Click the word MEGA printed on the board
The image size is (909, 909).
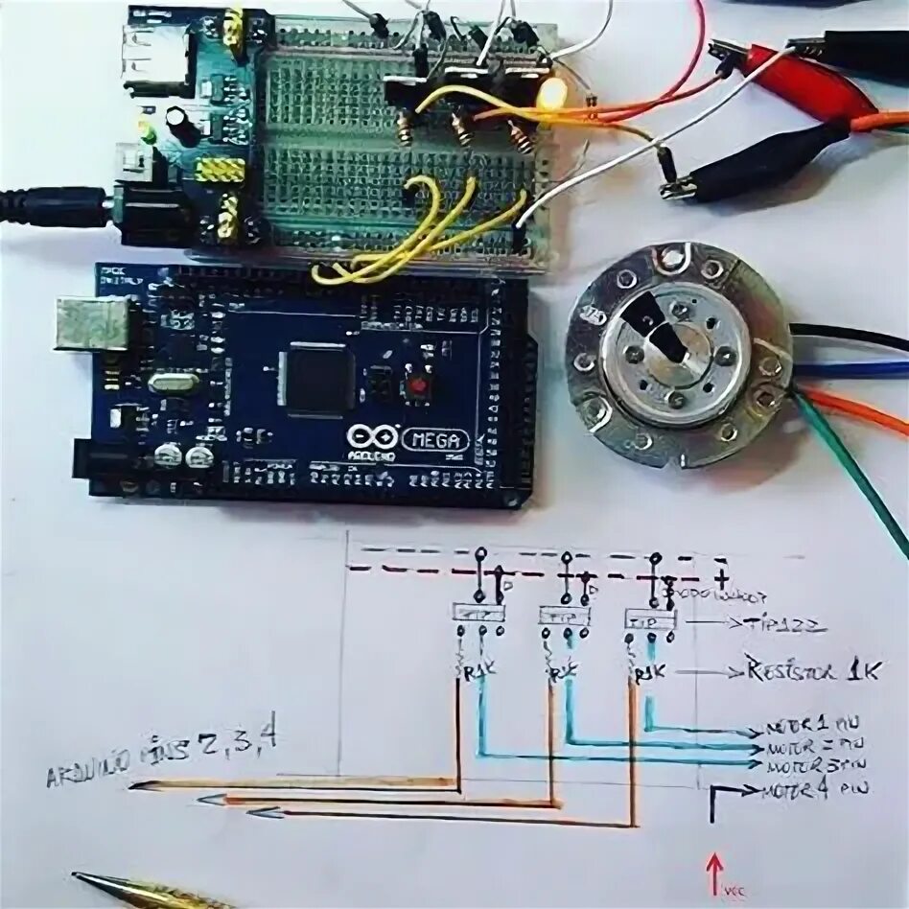pyautogui.click(x=440, y=441)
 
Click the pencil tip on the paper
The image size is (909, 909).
pyautogui.click(x=82, y=877)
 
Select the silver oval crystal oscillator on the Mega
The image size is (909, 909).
pyautogui.click(x=173, y=384)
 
